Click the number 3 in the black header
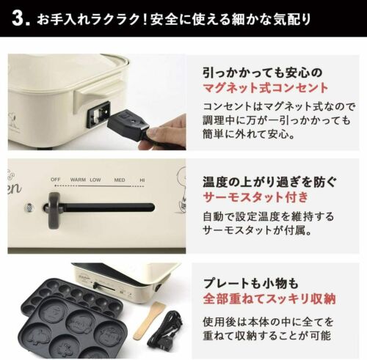(x=21, y=18)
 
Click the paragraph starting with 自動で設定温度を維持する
(x=270, y=224)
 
